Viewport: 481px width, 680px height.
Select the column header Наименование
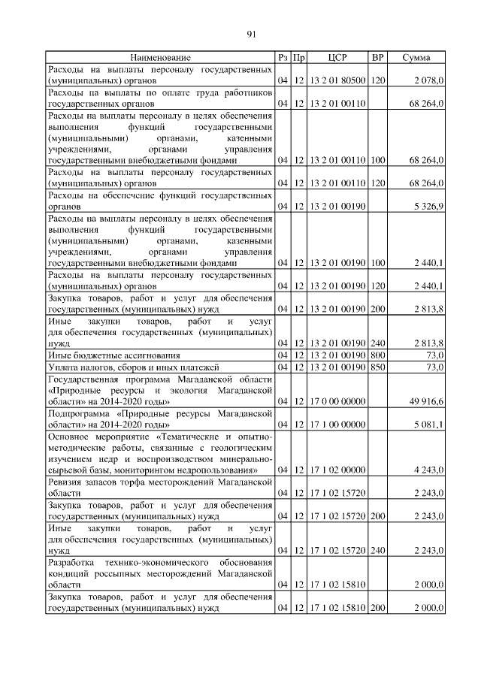[160, 57]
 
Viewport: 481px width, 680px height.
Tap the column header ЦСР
[337, 57]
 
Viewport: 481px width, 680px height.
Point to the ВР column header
[378, 57]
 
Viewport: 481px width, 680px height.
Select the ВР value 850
[378, 367]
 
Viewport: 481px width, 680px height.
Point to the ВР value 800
[378, 355]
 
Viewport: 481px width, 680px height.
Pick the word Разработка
[72, 563]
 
